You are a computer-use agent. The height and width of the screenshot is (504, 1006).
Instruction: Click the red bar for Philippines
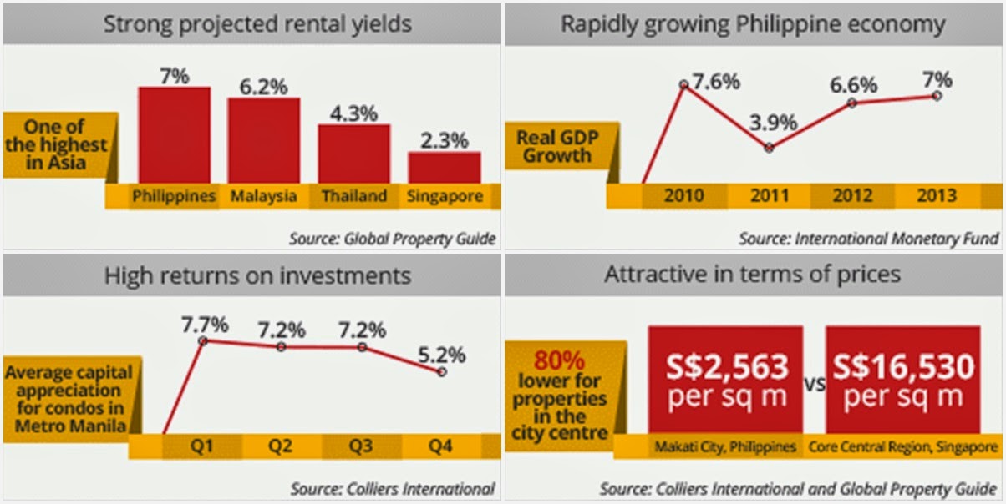[174, 134]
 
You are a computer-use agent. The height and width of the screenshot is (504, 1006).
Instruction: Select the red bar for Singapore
[444, 167]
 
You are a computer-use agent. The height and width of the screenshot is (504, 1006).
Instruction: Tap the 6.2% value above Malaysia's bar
[263, 86]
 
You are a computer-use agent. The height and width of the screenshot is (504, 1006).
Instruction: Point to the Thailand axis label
[354, 197]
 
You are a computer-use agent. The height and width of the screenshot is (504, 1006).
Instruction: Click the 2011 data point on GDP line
[770, 148]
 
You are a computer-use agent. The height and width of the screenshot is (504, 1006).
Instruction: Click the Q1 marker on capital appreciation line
[201, 340]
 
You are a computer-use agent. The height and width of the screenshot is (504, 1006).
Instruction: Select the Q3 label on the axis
[361, 447]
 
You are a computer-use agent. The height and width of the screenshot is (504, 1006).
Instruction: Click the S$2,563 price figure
[726, 367]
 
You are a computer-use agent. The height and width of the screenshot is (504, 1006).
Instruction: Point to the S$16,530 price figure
[902, 367]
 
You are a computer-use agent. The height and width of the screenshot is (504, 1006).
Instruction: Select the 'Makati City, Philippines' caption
[725, 446]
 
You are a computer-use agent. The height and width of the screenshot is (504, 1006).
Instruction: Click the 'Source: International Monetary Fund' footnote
[868, 239]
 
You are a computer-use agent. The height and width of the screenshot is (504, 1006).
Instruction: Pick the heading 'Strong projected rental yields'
[257, 23]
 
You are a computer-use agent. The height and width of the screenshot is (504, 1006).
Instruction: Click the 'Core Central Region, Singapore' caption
[902, 446]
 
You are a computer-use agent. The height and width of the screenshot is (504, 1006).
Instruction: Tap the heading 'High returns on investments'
[257, 275]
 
